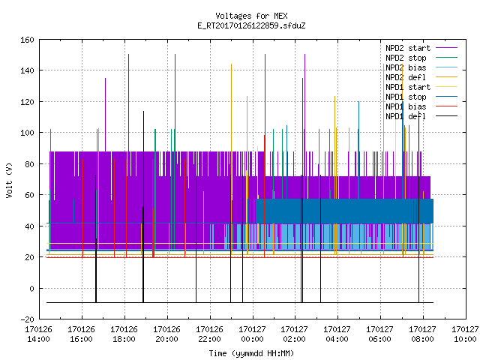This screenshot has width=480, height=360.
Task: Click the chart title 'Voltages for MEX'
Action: tap(251, 16)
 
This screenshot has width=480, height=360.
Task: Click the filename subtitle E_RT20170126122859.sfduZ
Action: tap(251, 25)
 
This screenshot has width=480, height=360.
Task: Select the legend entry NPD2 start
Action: tap(408, 48)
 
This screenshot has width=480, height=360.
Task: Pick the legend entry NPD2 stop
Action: tap(406, 58)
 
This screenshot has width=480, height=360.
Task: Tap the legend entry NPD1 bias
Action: tap(406, 106)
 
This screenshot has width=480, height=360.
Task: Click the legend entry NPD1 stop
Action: tap(406, 97)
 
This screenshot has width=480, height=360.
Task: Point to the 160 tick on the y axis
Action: tap(27, 40)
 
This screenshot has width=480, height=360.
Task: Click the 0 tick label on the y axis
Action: tap(31, 288)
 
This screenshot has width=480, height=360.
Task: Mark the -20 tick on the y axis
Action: tap(27, 319)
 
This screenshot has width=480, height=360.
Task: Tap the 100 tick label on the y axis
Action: tap(27, 133)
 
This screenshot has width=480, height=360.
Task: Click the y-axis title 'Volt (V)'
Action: tap(9, 180)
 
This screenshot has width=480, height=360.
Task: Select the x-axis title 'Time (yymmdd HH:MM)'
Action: tap(251, 353)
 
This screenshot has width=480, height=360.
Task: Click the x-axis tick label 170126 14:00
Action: tap(38, 334)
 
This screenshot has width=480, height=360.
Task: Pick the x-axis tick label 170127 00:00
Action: tap(252, 334)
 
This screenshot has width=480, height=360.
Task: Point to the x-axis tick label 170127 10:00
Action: tap(465, 334)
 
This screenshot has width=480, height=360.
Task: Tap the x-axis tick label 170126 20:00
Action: tap(166, 334)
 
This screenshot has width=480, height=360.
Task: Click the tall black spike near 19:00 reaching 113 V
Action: tap(143, 207)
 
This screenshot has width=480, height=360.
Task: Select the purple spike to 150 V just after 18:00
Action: tap(128, 103)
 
